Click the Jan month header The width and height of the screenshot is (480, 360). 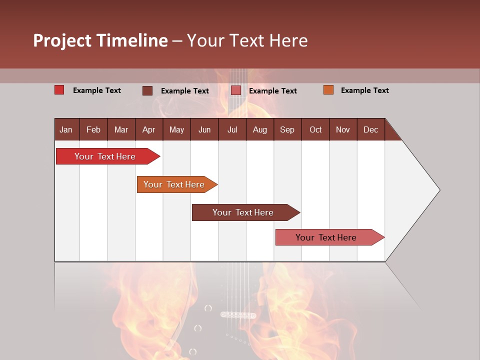66,129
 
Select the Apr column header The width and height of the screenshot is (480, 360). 148,129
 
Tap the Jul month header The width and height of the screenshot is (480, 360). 232,129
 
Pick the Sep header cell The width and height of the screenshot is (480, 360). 287,129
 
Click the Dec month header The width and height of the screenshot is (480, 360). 370,129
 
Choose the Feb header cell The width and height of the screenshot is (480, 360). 93,129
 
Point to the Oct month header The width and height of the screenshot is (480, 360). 315,129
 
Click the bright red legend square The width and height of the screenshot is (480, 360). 59,90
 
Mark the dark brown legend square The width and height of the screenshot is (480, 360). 147,90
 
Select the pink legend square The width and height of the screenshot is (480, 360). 236,90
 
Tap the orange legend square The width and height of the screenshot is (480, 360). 328,90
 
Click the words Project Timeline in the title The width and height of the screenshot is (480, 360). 100,40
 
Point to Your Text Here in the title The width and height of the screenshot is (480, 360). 247,40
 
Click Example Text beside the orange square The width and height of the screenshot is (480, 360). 364,90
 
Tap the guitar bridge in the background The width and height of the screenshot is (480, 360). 238,315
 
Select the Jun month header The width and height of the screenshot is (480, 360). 204,129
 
